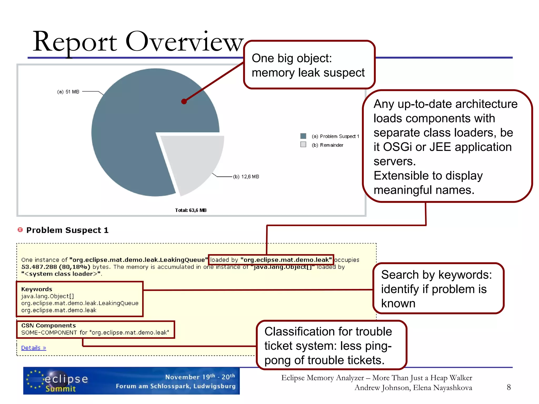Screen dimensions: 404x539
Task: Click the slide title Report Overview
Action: coord(138,42)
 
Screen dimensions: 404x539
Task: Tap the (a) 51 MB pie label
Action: coord(68,92)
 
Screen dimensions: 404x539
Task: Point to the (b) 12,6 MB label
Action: coord(246,176)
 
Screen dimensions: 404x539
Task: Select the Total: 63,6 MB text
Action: coord(191,210)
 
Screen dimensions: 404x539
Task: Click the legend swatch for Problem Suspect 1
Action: coord(303,136)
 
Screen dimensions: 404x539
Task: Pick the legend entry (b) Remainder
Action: coord(327,145)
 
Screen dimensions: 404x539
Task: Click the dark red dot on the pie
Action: coord(184,102)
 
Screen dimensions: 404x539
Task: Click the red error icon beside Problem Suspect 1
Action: coord(20,230)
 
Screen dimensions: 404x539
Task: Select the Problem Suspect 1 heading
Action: coord(67,230)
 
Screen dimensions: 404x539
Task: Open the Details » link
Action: coord(34,348)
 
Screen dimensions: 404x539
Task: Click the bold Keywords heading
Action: coord(37,289)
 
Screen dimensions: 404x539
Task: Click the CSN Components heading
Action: coord(48,325)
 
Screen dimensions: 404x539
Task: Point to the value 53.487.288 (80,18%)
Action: coord(56,267)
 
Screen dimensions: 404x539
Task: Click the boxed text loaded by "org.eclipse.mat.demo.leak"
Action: coord(271,260)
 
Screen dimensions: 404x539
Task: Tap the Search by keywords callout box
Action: coord(438,289)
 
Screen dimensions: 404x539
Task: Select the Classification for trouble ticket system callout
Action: coord(331,345)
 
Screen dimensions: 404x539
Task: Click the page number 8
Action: coord(508,387)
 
